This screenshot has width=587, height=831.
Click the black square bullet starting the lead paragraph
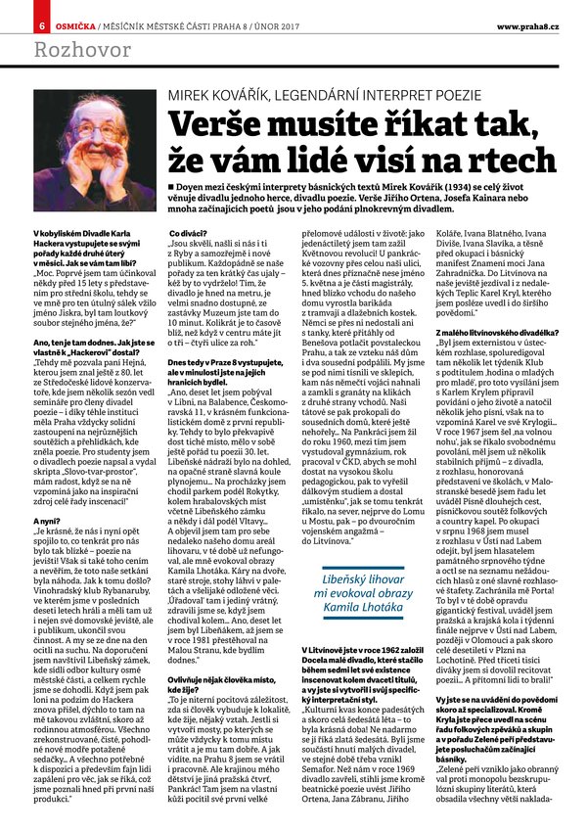tap(172, 185)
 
